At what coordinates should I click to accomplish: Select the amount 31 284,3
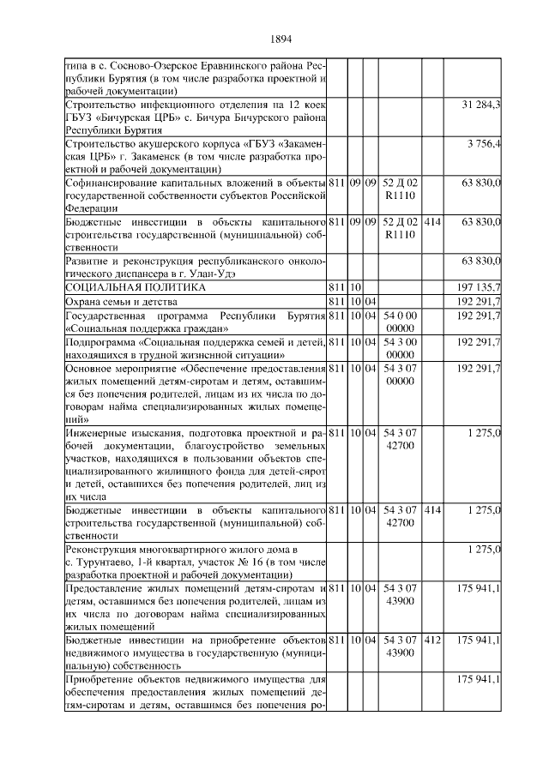pyautogui.click(x=481, y=105)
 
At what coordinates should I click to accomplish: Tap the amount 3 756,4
pyautogui.click(x=484, y=142)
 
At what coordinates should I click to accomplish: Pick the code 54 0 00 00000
pyautogui.click(x=401, y=322)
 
